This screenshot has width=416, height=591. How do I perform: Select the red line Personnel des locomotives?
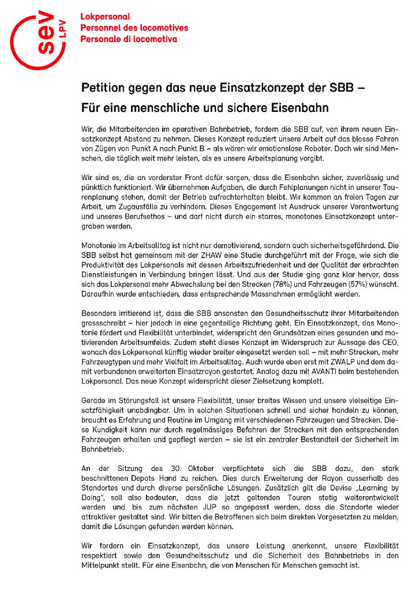coord(134,28)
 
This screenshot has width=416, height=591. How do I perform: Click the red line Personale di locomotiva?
coord(128,39)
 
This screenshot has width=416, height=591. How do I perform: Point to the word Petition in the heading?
coord(102,88)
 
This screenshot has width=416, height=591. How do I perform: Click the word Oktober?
coord(189,468)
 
